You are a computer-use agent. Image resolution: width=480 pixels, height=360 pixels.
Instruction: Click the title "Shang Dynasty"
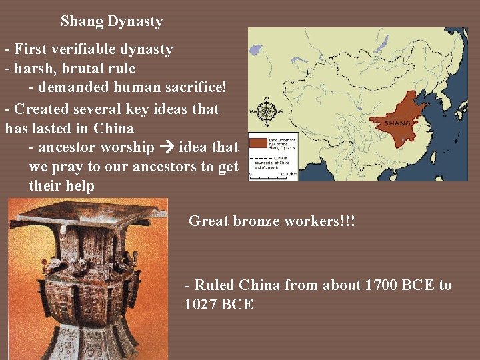111,21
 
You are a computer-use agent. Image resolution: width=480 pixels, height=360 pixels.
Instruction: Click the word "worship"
129,147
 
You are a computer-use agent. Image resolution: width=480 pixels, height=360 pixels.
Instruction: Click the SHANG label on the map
398,123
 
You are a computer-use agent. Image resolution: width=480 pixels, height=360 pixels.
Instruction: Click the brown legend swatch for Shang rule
258,143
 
